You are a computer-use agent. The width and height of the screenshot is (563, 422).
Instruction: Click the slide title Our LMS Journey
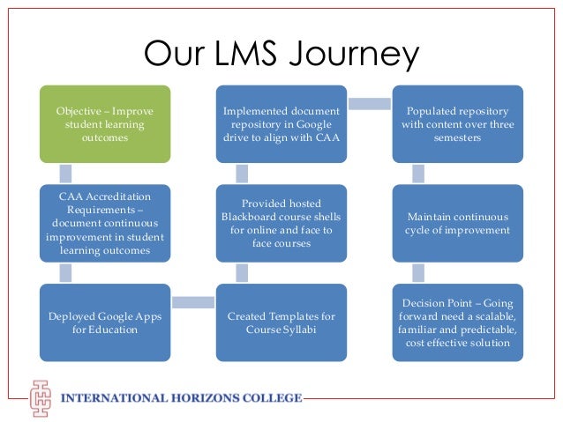pyautogui.click(x=281, y=56)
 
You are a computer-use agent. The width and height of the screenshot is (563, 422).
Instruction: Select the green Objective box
pyautogui.click(x=105, y=124)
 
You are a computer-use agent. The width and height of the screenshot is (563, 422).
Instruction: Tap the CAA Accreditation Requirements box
pyautogui.click(x=105, y=223)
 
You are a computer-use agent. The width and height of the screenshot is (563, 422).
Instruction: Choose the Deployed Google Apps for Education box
pyautogui.click(x=105, y=322)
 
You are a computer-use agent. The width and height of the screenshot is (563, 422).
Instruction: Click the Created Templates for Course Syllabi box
pyautogui.click(x=281, y=322)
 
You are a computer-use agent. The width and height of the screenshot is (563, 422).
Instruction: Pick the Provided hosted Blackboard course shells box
pyautogui.click(x=281, y=223)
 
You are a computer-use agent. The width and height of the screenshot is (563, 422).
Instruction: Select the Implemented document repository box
pyautogui.click(x=281, y=124)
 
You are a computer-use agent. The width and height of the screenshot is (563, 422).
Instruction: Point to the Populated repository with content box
pyautogui.click(x=457, y=124)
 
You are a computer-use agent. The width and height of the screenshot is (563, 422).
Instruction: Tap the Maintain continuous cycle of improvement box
pyautogui.click(x=457, y=223)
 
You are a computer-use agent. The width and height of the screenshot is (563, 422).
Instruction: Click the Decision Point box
pyautogui.click(x=457, y=322)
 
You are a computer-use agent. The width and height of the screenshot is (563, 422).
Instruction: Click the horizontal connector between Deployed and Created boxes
pyautogui.click(x=193, y=303)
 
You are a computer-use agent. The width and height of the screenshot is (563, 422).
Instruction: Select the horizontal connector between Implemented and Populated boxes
pyautogui.click(x=370, y=105)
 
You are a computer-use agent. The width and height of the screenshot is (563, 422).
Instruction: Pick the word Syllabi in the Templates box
pyautogui.click(x=301, y=329)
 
